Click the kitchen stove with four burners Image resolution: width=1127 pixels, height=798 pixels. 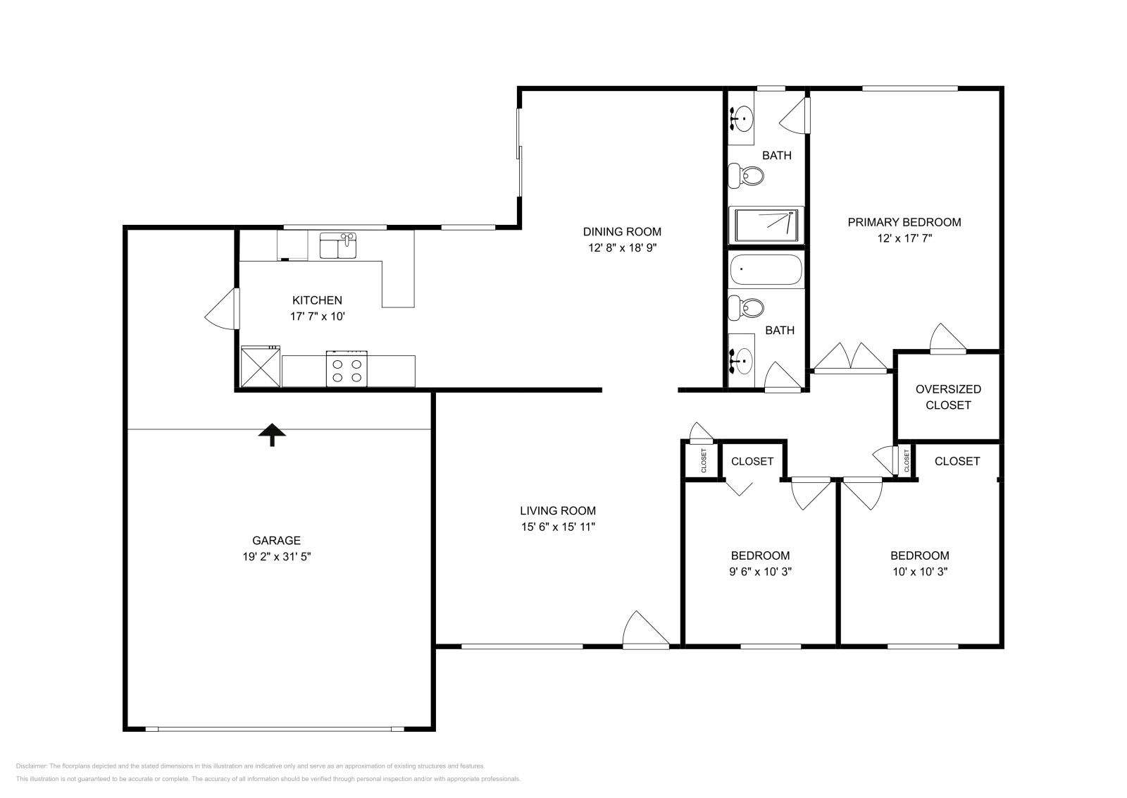347,369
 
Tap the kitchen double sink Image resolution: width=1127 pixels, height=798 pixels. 339,246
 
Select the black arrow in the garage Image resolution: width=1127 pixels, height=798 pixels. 271,435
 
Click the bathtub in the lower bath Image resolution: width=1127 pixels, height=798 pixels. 766,270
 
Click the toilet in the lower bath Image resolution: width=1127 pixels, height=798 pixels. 746,307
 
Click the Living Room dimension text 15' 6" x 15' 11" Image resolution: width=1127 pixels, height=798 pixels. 558,527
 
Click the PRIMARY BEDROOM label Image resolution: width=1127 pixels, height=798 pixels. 904,223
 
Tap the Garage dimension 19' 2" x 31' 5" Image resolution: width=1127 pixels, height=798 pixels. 276,557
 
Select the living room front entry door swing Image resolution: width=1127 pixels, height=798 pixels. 642,630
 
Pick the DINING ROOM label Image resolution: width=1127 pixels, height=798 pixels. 622,232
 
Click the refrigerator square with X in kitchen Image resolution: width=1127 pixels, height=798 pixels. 261,367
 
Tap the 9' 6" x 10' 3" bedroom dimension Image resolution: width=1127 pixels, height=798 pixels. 760,572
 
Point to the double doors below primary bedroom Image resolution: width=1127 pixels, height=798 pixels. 850,357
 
